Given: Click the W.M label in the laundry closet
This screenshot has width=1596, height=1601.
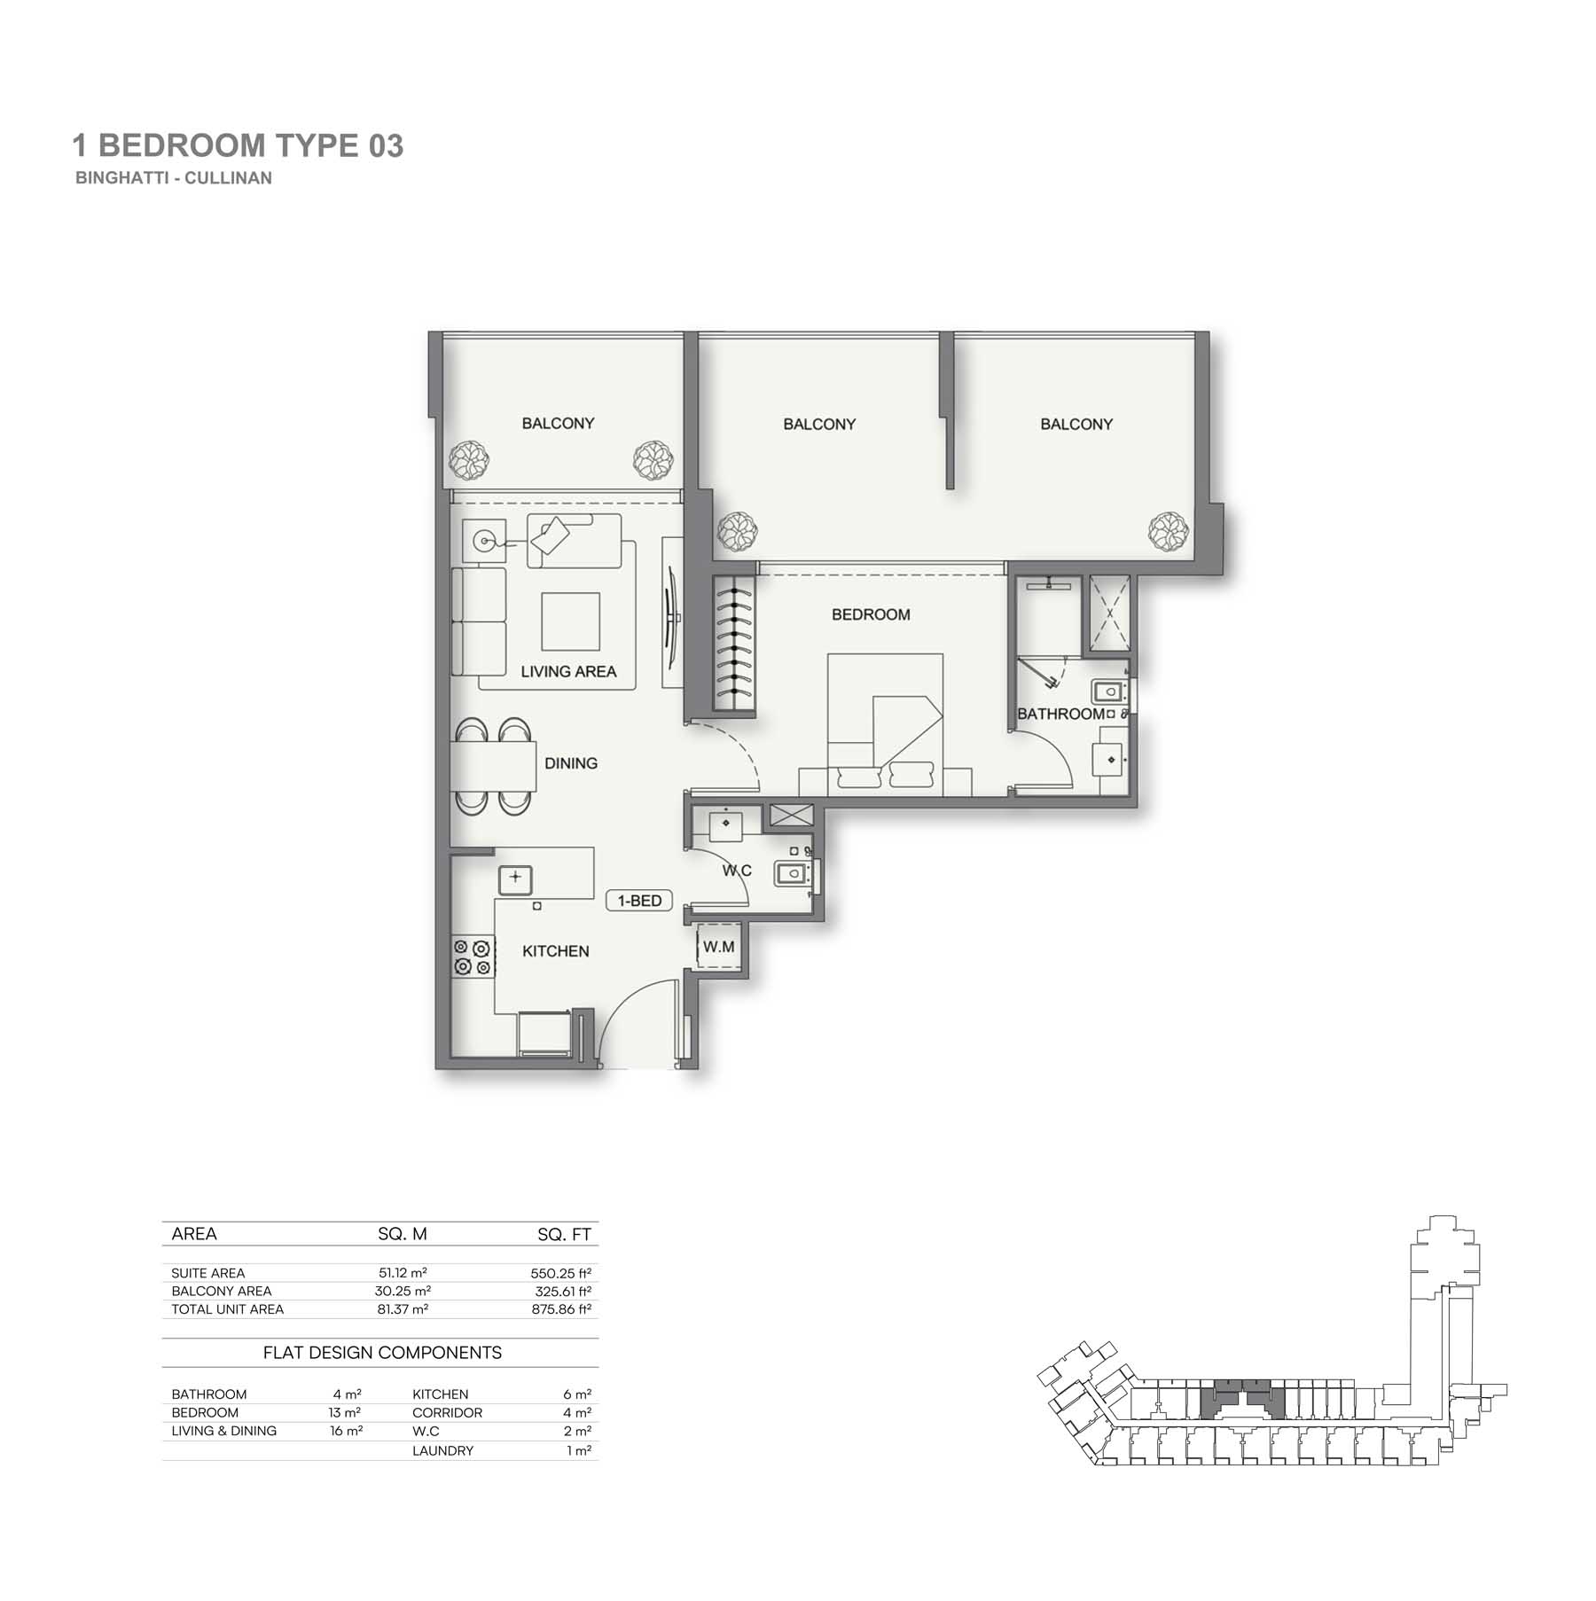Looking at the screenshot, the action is click(x=718, y=947).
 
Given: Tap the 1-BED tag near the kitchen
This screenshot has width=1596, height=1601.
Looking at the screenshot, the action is click(x=639, y=901).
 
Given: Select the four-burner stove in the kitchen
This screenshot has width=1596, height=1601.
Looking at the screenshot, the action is click(x=473, y=957).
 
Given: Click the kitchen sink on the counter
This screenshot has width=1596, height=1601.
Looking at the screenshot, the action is click(x=515, y=879).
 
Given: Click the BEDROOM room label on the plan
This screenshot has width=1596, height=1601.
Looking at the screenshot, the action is click(x=871, y=614).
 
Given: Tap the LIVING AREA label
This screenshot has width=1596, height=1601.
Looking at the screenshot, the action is click(x=568, y=672).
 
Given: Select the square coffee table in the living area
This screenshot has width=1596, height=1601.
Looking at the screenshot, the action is click(x=571, y=621).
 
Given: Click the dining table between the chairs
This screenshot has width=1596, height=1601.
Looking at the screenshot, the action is click(x=493, y=766).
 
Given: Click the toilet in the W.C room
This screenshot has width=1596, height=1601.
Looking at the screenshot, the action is click(x=794, y=874).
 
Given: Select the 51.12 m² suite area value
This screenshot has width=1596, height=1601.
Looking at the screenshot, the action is click(x=403, y=1273).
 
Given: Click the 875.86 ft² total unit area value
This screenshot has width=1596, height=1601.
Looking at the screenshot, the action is click(x=561, y=1308).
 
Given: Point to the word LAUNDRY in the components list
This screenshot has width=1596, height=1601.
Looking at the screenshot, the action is click(x=442, y=1450).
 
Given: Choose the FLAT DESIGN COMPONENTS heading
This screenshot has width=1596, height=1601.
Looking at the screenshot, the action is click(x=382, y=1353).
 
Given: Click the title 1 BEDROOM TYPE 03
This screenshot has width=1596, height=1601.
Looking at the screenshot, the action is click(x=238, y=145).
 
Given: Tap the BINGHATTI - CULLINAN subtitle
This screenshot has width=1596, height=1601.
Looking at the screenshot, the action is click(x=174, y=177).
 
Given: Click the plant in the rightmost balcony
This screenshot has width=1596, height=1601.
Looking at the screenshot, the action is click(x=1168, y=532).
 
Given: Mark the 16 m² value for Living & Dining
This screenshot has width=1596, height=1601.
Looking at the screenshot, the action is click(x=346, y=1431).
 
